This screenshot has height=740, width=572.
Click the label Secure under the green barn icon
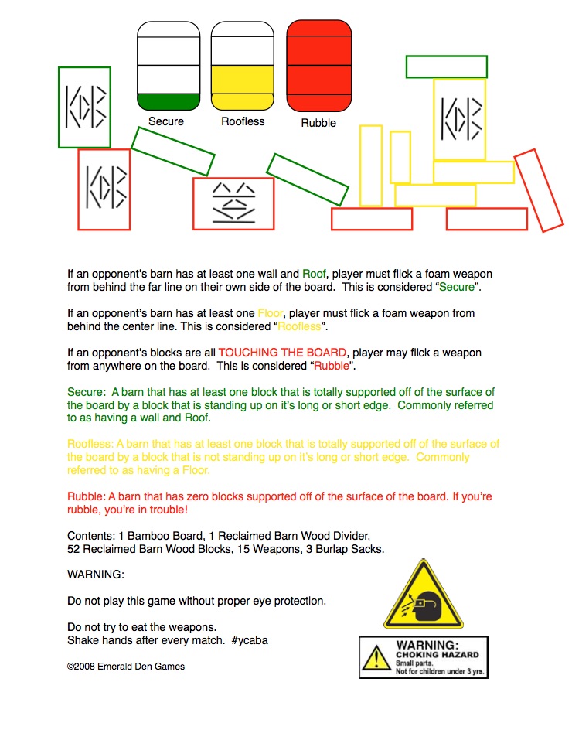(x=166, y=121)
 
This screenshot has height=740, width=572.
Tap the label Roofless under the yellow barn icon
(x=243, y=121)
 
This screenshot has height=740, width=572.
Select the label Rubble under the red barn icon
(x=318, y=123)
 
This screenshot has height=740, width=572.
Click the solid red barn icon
(x=319, y=66)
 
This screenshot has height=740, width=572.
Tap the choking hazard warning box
(x=424, y=657)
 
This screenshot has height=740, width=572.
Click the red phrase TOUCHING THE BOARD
(x=282, y=353)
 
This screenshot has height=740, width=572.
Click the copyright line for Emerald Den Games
(x=126, y=667)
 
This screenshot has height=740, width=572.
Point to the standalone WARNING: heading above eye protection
(x=96, y=575)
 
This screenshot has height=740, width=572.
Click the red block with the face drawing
(x=233, y=203)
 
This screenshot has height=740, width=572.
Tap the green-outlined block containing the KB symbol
(x=84, y=107)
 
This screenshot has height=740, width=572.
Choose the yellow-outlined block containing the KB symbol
(x=459, y=120)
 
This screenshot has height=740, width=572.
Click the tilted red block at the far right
(x=539, y=190)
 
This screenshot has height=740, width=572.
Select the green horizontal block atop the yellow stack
(x=447, y=66)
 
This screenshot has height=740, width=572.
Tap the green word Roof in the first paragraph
(x=314, y=274)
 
